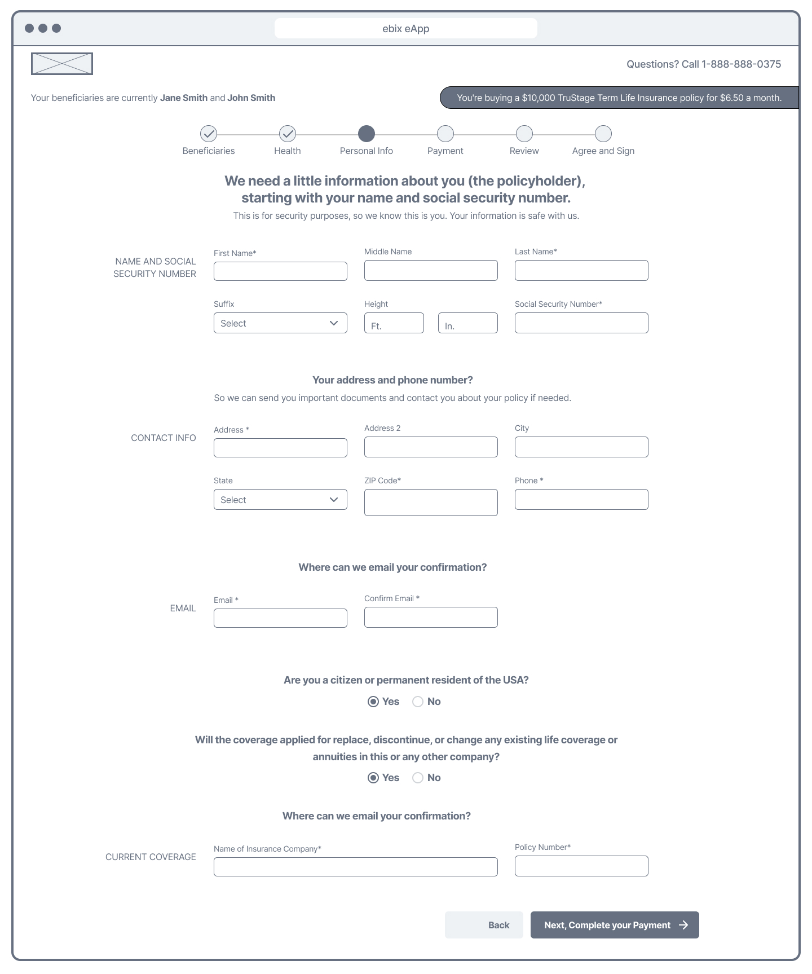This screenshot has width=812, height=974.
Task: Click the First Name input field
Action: coord(280,271)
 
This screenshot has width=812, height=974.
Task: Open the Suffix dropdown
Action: coord(280,323)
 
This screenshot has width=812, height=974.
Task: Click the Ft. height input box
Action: coord(394,323)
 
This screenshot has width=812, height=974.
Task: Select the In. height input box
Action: coord(467,323)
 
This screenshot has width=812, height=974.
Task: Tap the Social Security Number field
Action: coord(581,323)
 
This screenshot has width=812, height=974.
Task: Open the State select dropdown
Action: coord(280,500)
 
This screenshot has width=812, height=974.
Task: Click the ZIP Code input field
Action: coord(431,503)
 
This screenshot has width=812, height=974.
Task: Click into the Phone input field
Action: coord(581,500)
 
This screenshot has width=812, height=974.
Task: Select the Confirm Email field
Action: coord(431,618)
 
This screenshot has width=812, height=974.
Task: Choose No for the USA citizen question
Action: coord(418,702)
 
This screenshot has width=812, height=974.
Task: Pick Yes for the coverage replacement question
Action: coord(373,778)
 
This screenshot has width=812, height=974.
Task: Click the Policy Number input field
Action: coord(581,866)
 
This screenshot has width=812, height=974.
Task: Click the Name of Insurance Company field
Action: coord(355,867)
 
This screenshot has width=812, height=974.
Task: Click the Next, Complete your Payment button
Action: coord(615,925)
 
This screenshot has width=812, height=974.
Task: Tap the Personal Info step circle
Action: coord(367,134)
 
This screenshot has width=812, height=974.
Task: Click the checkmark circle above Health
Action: coord(288,134)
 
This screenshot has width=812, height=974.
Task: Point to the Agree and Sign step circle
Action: coord(603,134)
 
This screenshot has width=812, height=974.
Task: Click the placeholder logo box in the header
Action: coord(62,64)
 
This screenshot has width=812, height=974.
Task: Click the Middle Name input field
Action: coord(431,271)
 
